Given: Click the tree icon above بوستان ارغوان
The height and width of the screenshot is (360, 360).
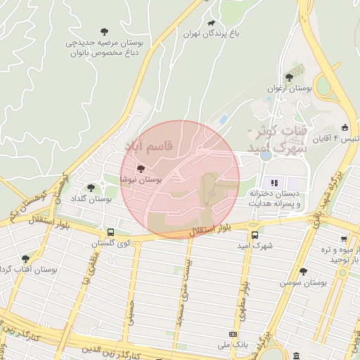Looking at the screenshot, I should pos(289,78).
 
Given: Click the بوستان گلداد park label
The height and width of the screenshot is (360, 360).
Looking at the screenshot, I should pos(91,199).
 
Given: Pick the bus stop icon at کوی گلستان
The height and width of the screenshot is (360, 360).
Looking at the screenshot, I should pos(110,232).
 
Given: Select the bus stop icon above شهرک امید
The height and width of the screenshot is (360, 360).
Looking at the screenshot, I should pos(254,236).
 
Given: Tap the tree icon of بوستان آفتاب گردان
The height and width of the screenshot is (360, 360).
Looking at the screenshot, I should pos(26,259).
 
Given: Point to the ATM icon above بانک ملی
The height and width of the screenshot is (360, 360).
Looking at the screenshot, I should pos(233,334).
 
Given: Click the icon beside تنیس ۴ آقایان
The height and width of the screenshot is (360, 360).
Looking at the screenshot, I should pos(345,128).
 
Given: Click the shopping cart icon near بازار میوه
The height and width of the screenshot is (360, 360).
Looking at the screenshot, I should pos(342,239).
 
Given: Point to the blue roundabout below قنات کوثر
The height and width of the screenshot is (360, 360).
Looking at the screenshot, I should pos(264,156).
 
